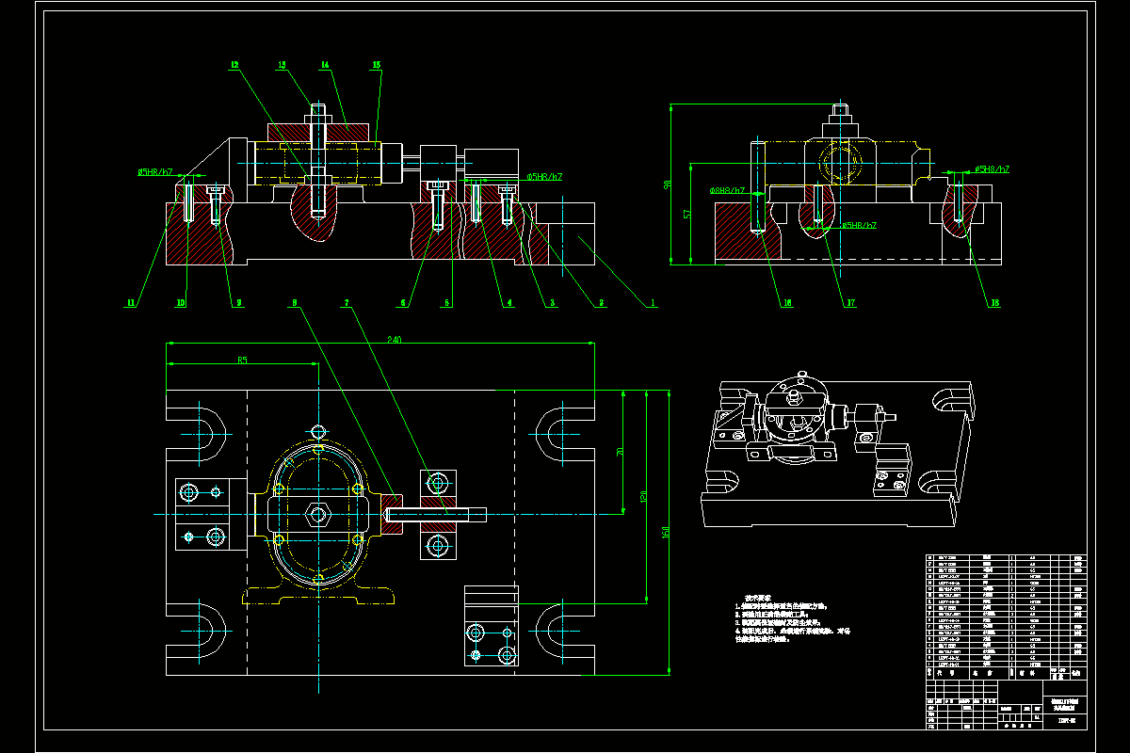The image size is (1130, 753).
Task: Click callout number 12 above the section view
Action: pyautogui.click(x=234, y=65)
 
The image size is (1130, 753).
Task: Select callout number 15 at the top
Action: pyautogui.click(x=377, y=65)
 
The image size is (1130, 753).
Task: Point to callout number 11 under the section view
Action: pyautogui.click(x=131, y=303)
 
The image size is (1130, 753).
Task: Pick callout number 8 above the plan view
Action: pyautogui.click(x=295, y=303)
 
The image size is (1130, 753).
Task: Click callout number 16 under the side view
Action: pyautogui.click(x=760, y=303)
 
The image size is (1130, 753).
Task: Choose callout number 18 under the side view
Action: pyautogui.click(x=993, y=303)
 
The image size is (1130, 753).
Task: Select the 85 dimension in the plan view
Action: pyautogui.click(x=242, y=360)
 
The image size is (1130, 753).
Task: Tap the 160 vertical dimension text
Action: pyautogui.click(x=667, y=533)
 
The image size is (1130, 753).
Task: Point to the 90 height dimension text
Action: pyautogui.click(x=668, y=184)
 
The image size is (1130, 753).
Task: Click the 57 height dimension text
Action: pyautogui.click(x=687, y=215)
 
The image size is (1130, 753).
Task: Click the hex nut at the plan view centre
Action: pyautogui.click(x=318, y=514)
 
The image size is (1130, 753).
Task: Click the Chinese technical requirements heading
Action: pyautogui.click(x=758, y=597)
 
